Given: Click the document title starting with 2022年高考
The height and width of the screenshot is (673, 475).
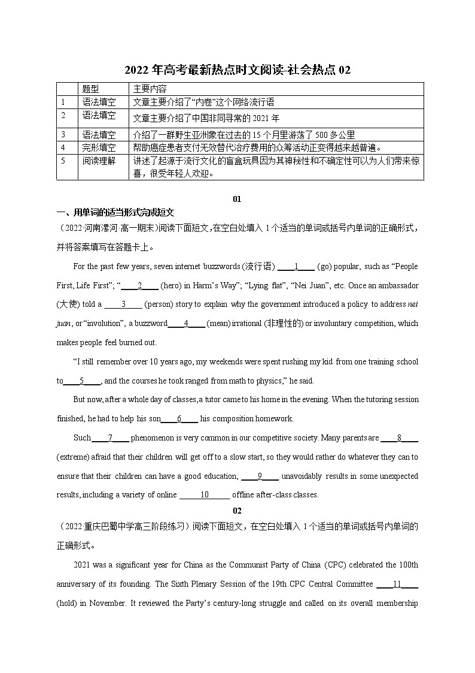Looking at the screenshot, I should tap(237, 70).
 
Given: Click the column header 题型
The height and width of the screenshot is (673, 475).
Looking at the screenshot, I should tap(91, 89).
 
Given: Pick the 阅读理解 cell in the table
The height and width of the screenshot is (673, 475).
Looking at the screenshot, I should tap(99, 161).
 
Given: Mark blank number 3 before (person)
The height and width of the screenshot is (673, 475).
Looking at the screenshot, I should tap(123, 304).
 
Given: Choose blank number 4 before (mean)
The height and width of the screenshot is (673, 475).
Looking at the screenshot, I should tap(187, 324).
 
